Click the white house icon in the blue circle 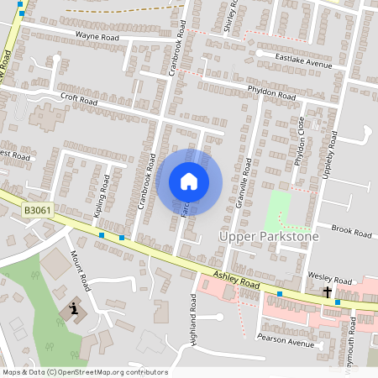[x=189, y=181]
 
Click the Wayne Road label [x=97, y=37]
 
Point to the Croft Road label [x=80, y=97]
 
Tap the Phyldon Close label [x=301, y=141]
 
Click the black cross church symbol [x=328, y=292]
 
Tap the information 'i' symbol [x=74, y=309]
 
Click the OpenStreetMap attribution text [x=85, y=372]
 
